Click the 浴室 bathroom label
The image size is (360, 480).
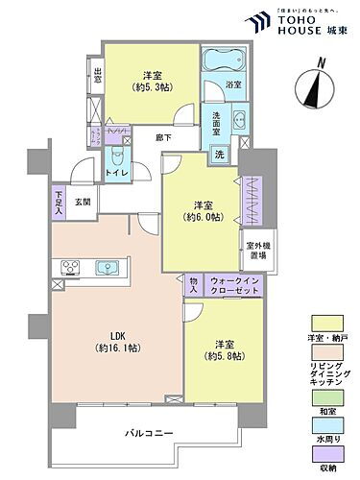(x=233, y=85)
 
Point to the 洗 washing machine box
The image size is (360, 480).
(x=219, y=155)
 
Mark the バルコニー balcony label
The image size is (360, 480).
(x=148, y=434)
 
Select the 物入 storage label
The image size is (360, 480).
(x=192, y=284)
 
